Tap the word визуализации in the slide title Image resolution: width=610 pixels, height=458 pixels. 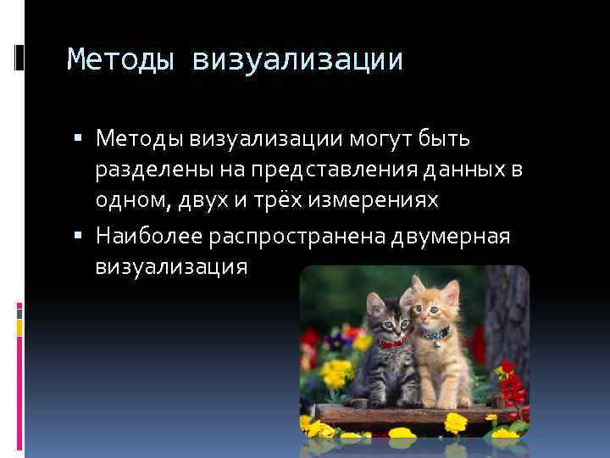coord(297,60)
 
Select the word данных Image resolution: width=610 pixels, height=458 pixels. coord(462,170)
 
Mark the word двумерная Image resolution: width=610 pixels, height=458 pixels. coord(451,235)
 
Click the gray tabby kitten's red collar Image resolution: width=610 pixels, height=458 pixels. coord(391,344)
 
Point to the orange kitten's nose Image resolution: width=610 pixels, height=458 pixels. coord(435,317)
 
